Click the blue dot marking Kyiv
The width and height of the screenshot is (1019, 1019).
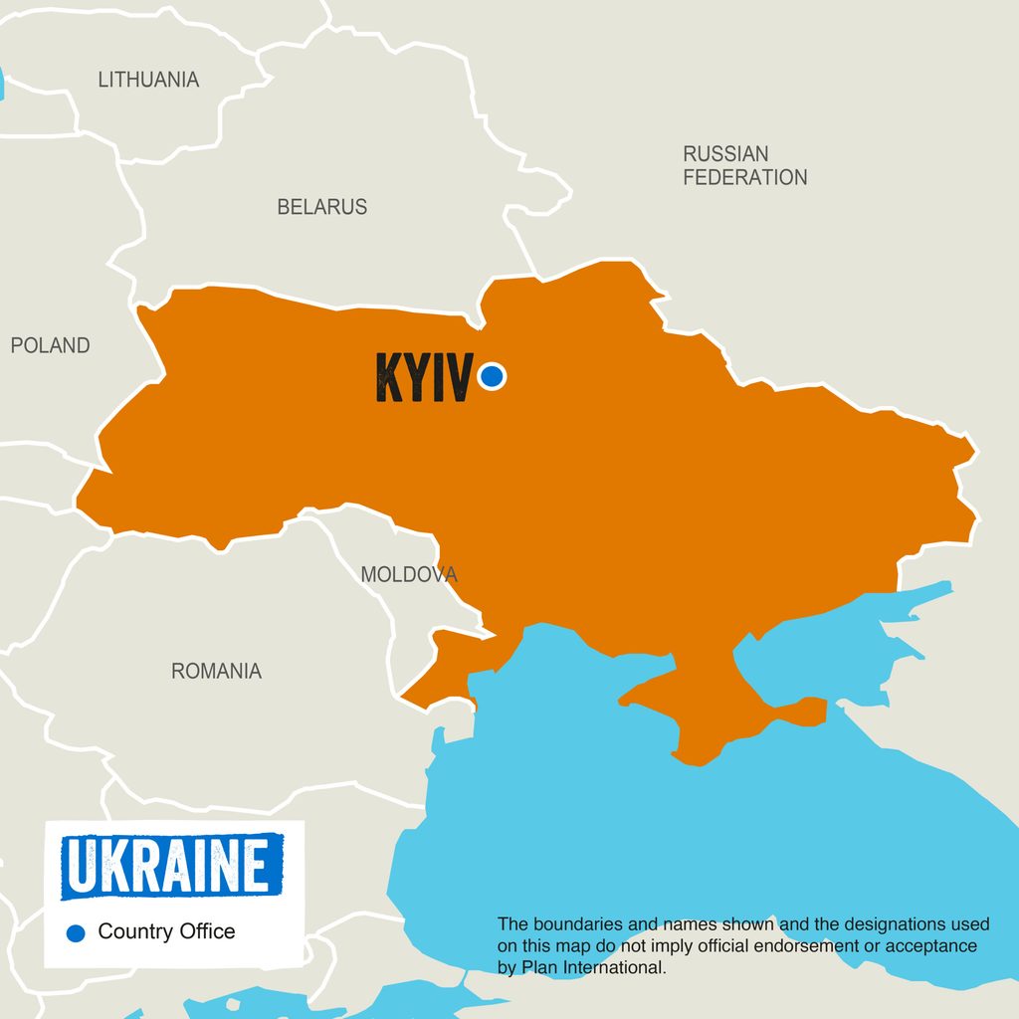[x=492, y=376]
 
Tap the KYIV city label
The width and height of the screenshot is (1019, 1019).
[x=423, y=378]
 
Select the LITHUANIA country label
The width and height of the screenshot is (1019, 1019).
[x=148, y=80]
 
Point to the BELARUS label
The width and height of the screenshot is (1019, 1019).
[x=321, y=207]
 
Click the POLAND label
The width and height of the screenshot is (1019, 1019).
[x=50, y=345]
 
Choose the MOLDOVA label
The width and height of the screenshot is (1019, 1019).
[x=409, y=574]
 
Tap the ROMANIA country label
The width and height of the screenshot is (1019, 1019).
[x=216, y=671]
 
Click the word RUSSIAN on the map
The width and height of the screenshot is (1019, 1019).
[x=725, y=154]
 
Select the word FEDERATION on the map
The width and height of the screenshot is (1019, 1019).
[x=744, y=178]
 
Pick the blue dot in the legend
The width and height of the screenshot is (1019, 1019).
[x=75, y=932]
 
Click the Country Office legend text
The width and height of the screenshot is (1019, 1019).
[x=166, y=931]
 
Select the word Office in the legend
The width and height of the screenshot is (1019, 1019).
[x=207, y=931]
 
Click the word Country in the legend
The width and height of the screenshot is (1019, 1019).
[x=136, y=931]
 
